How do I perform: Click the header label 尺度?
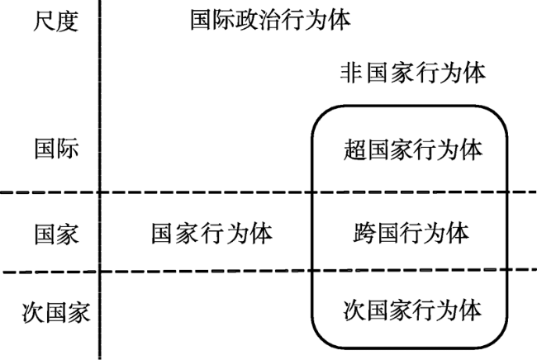(56, 21)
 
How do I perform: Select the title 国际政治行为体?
(270, 20)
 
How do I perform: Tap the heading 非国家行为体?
(413, 73)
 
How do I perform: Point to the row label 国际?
(56, 149)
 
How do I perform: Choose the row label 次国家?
(56, 312)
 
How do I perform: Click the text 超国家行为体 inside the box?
(413, 149)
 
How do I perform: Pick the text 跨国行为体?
(411, 233)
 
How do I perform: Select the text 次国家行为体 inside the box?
(413, 310)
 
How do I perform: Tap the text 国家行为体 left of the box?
(212, 234)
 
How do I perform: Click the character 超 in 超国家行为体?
(354, 149)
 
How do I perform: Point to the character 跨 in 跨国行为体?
(364, 233)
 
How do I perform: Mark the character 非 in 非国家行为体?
(351, 73)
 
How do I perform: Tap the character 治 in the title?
(270, 20)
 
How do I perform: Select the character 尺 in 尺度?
(45, 21)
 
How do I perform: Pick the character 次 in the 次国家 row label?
(34, 312)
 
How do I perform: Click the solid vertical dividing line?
(100, 180)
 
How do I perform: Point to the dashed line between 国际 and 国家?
(268, 192)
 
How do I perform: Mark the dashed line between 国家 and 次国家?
(270, 272)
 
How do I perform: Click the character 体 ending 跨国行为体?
(458, 233)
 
